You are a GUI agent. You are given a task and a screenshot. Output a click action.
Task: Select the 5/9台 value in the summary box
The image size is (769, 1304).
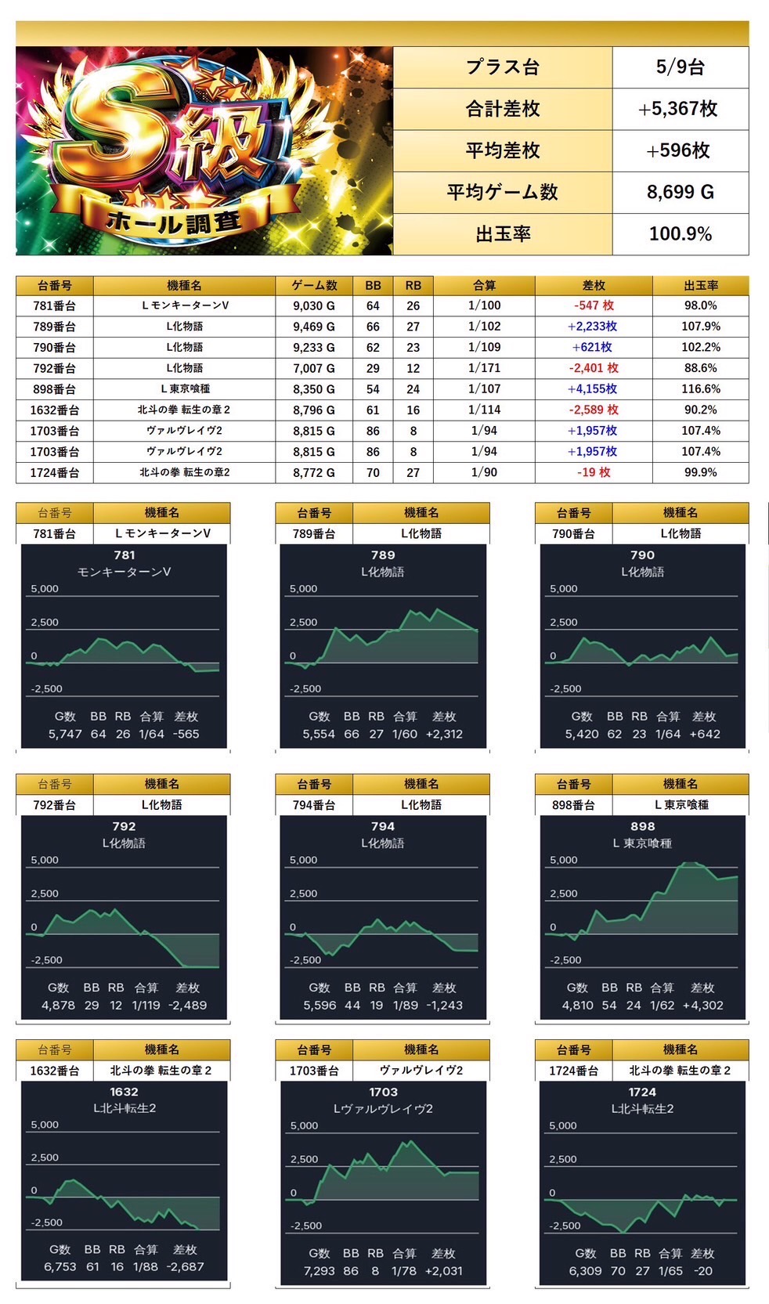(x=680, y=67)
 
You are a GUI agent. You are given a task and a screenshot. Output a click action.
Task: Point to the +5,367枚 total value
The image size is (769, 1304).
(x=678, y=109)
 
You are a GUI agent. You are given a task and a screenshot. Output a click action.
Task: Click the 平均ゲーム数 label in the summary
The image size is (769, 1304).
(x=502, y=192)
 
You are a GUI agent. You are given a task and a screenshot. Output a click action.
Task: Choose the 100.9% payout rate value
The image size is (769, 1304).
(x=680, y=233)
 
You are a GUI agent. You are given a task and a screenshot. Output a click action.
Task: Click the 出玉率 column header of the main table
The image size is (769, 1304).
(x=700, y=286)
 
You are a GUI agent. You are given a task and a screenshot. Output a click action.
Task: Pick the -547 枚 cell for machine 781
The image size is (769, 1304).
(x=594, y=305)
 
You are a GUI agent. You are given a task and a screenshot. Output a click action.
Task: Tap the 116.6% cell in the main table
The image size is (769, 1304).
(x=700, y=388)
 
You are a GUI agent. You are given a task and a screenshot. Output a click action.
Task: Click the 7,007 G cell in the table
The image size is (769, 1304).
(x=313, y=368)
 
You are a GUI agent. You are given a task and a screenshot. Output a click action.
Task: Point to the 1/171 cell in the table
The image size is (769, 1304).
(x=484, y=368)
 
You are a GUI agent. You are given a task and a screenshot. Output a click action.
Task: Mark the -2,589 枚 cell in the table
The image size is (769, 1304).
(x=594, y=410)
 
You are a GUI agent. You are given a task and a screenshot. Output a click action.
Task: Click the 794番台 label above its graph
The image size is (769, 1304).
(x=313, y=805)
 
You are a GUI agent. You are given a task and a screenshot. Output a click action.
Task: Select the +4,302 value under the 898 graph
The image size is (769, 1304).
(x=702, y=1006)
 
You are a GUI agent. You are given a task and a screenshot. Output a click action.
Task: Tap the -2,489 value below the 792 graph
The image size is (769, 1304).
(x=187, y=1006)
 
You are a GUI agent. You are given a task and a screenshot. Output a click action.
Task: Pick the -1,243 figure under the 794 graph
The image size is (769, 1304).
(x=444, y=1006)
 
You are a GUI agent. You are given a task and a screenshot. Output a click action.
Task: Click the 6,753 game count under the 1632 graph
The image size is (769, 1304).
(x=60, y=1267)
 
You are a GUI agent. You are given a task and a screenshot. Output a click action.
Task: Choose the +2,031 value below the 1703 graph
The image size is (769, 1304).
(x=443, y=1271)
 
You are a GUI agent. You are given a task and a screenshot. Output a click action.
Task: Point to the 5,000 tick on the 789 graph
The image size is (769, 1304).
(x=304, y=589)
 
